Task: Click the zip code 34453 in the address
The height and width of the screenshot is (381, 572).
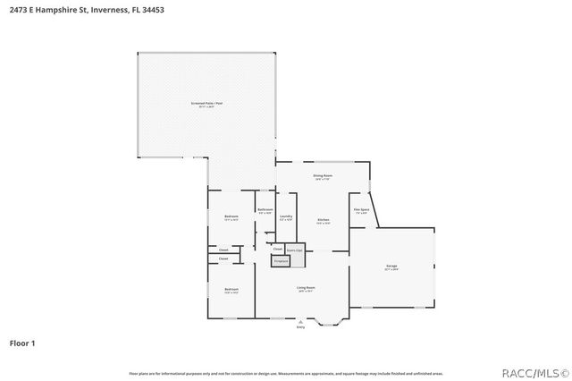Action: [151, 9]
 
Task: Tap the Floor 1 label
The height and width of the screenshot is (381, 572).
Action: [22, 343]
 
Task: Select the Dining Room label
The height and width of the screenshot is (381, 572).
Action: [323, 175]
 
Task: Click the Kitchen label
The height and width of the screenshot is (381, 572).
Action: [324, 219]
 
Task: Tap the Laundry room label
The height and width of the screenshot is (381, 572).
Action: [286, 216]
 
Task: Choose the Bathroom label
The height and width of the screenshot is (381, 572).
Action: [265, 210]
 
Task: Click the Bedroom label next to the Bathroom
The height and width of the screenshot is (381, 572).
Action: [231, 216]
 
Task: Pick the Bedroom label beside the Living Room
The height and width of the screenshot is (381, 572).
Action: [231, 289]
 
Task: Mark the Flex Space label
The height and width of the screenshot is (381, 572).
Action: [361, 210]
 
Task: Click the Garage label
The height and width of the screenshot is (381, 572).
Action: [391, 266]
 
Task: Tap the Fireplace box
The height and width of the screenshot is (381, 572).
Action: [281, 260]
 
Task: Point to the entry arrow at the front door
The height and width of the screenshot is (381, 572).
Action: [300, 320]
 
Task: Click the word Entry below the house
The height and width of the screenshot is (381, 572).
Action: [300, 327]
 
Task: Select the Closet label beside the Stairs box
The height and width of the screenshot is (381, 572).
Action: [278, 248]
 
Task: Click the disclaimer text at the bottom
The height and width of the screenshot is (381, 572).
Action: [285, 372]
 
